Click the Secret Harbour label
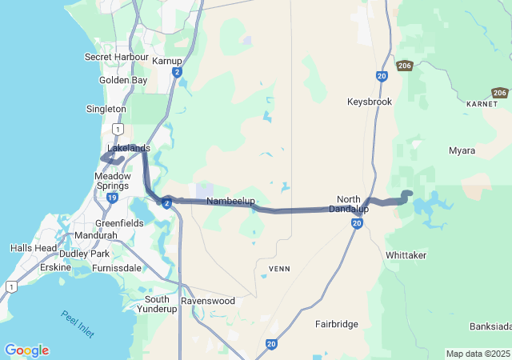117,57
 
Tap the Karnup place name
166,60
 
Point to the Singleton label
106,109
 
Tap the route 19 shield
112,198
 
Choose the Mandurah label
95,236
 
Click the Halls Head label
34,248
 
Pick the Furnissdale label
116,268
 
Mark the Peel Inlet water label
78,324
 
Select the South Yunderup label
157,304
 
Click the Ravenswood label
208,301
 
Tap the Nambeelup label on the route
230,201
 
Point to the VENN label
279,268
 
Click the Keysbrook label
370,102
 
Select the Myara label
462,150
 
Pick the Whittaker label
406,254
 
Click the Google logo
26,350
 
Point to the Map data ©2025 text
477,354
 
